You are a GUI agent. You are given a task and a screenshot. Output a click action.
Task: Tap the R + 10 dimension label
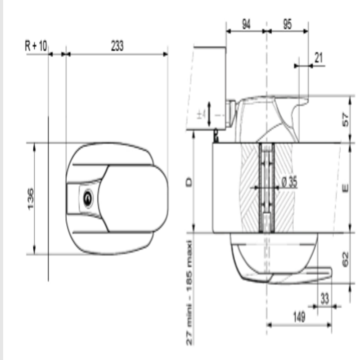point(36,45)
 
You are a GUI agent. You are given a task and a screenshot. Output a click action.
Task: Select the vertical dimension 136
point(29,198)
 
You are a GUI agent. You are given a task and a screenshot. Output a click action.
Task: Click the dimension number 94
point(246,24)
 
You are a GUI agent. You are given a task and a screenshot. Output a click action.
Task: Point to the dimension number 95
point(288,24)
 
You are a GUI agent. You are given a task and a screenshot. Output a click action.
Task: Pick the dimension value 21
point(319,57)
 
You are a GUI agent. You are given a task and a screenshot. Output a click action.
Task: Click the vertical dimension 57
point(346,120)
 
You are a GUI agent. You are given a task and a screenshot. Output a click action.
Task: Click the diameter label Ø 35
point(289,182)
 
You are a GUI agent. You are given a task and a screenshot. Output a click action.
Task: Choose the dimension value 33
point(325,297)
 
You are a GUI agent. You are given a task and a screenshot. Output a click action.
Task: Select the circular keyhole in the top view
point(87,198)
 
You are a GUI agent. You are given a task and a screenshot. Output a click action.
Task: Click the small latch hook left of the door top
point(216,135)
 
